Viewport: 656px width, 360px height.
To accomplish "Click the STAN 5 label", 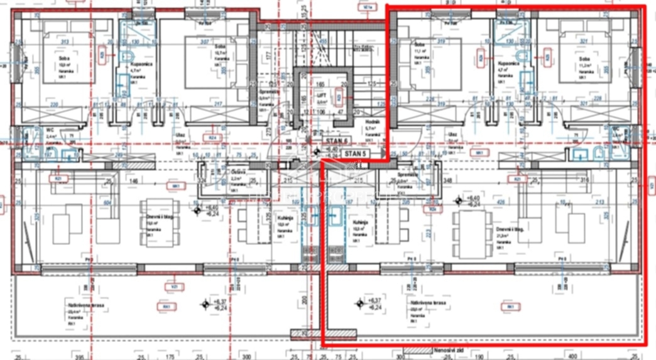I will tap(354, 152).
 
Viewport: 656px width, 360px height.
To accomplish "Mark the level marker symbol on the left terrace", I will tap(205, 305).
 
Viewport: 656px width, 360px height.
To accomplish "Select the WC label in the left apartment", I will tap(49, 130).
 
